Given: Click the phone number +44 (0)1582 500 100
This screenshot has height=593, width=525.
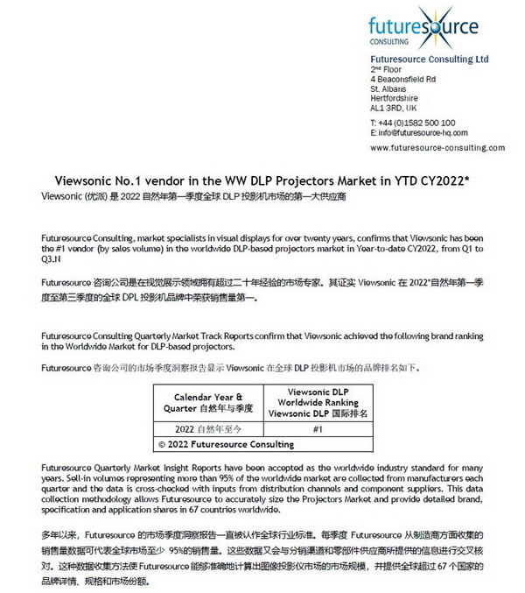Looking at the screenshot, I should click(415, 123).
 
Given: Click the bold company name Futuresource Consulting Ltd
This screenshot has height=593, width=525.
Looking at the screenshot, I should click(429, 59).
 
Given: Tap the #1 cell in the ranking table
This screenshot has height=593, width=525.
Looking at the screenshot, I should click(318, 429).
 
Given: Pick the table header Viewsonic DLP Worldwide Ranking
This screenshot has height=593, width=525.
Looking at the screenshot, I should click(318, 399).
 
